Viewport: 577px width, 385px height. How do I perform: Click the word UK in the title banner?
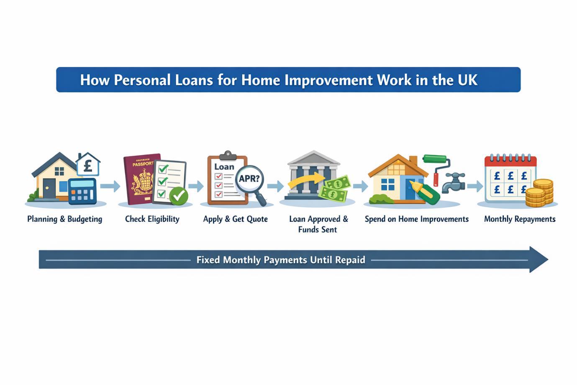click(468, 80)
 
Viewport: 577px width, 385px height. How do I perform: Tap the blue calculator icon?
click(82, 191)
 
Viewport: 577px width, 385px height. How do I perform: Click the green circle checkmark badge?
click(179, 195)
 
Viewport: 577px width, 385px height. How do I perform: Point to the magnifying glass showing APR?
click(249, 179)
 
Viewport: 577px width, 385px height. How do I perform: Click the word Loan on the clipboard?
click(224, 167)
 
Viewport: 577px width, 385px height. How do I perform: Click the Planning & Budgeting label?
click(65, 219)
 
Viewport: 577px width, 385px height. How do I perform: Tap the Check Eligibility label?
click(152, 219)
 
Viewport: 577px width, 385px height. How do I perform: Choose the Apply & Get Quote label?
click(236, 219)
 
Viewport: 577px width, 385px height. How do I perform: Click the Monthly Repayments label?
click(520, 219)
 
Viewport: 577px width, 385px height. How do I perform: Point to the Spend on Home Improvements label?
click(417, 219)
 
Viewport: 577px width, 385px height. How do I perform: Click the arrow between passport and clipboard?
click(195, 186)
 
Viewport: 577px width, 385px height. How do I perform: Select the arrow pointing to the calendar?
click(474, 186)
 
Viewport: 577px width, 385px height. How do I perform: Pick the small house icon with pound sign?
click(88, 164)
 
